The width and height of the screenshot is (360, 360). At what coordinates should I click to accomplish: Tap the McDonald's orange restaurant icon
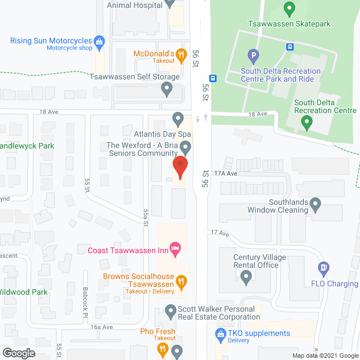[181, 54]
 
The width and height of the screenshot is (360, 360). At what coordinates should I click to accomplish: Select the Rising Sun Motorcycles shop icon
[100, 41]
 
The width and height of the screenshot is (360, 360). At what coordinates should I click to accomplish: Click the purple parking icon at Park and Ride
[253, 56]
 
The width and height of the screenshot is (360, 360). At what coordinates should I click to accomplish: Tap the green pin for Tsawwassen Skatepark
[289, 10]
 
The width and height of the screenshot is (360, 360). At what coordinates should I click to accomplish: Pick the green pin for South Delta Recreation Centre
[307, 121]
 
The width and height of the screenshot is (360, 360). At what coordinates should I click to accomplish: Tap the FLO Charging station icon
[323, 268]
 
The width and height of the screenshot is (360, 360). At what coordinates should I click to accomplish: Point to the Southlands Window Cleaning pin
[316, 204]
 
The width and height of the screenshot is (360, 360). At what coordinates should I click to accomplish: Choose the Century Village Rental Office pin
[246, 276]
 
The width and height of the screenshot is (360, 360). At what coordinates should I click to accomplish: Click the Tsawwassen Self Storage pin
[166, 88]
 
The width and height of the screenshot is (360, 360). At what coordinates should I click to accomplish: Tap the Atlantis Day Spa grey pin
[178, 119]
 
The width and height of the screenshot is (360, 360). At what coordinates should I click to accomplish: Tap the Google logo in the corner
[18, 353]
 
